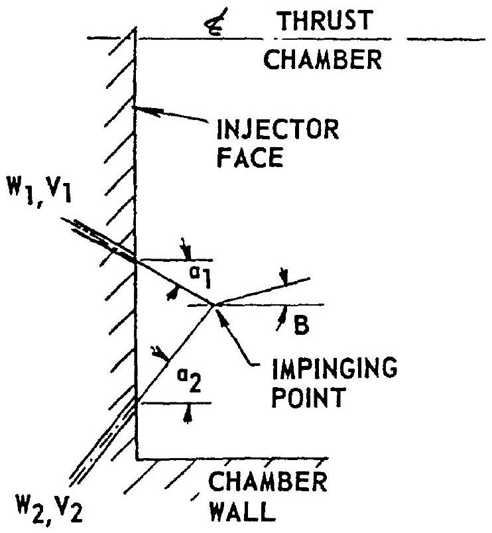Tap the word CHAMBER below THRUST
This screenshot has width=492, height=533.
pos(323,60)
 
